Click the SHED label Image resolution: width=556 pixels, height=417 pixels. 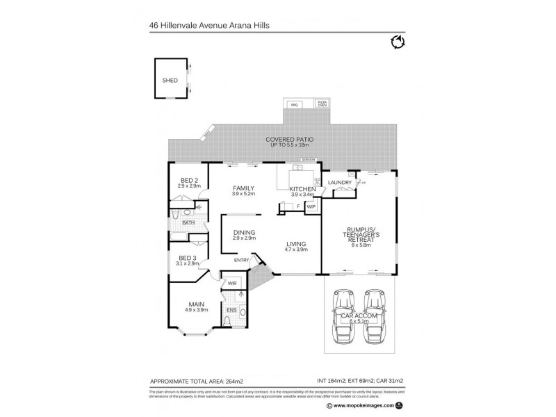[170, 81]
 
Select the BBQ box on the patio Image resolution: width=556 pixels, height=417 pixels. [294, 105]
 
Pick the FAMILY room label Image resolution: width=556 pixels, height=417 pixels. [243, 188]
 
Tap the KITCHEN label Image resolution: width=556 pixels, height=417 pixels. [302, 189]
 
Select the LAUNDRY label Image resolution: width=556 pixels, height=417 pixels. [340, 183]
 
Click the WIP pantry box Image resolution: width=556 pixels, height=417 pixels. [311, 206]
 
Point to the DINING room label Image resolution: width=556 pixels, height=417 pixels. [244, 232]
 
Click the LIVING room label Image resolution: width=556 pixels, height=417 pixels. [297, 243]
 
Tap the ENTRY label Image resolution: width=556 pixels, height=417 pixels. [242, 261]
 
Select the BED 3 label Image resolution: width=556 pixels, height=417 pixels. [186, 258]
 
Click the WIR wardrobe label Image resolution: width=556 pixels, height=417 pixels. [231, 284]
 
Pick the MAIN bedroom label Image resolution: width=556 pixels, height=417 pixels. [196, 304]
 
